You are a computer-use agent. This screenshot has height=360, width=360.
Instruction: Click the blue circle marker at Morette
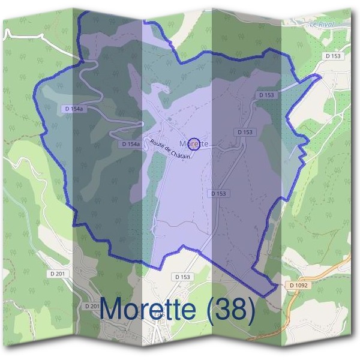point(194,144)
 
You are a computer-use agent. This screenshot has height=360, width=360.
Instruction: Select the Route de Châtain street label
point(170,149)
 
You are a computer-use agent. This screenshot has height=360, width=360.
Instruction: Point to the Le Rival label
point(321,24)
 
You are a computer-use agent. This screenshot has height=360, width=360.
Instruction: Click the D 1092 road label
point(298,285)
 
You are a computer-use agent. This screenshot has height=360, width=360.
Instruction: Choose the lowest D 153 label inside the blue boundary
point(219,193)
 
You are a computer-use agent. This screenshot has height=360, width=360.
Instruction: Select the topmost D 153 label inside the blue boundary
point(267,95)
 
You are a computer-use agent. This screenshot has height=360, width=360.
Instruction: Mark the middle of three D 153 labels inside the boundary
point(245,131)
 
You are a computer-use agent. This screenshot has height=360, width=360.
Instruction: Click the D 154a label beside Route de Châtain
point(130,144)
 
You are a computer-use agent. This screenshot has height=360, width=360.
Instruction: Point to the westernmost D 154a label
point(73,109)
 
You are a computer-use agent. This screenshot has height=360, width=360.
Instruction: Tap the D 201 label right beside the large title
point(92,306)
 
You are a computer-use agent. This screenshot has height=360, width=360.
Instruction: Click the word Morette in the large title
point(148,309)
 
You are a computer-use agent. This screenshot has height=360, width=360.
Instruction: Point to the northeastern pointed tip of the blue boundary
point(319,76)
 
